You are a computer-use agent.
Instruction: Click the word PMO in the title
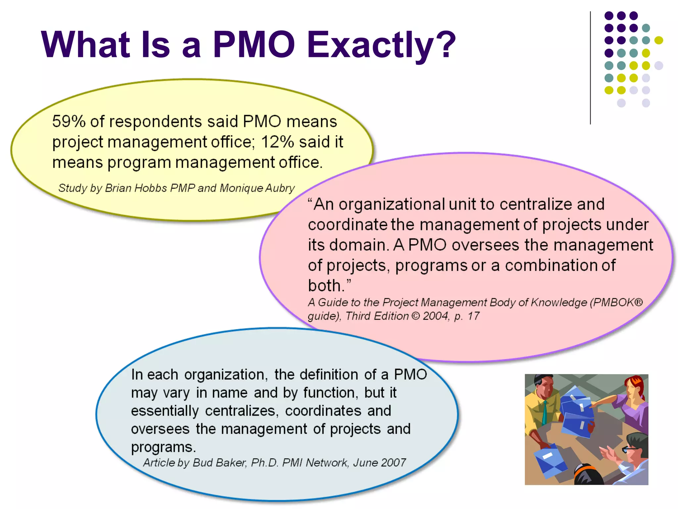[x=254, y=44]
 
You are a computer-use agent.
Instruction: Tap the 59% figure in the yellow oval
[x=69, y=121]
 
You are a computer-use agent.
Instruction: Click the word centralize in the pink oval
[x=535, y=204]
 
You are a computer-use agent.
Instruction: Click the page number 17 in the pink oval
[x=473, y=316]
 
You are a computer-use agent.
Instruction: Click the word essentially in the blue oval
[x=165, y=411]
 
